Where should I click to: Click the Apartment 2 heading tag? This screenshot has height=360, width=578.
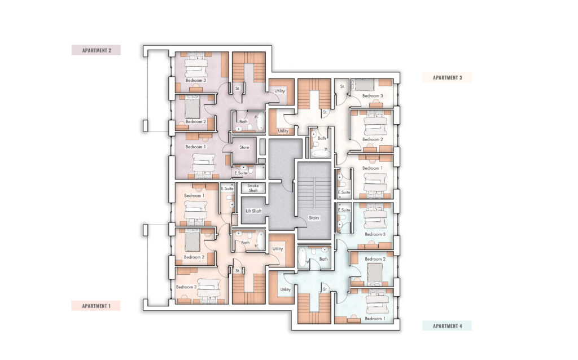[96, 50]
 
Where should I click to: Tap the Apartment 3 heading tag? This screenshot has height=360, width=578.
[447, 77]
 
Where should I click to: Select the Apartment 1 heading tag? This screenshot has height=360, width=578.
[96, 306]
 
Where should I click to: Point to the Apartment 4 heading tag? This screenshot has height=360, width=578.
[447, 326]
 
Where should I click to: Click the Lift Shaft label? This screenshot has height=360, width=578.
[253, 211]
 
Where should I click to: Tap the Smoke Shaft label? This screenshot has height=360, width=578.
[253, 188]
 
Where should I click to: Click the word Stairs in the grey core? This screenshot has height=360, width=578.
[314, 218]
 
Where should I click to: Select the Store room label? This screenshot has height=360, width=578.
[244, 147]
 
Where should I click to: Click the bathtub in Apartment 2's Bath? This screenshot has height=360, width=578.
[261, 121]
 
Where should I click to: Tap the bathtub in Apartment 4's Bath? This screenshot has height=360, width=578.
[303, 257]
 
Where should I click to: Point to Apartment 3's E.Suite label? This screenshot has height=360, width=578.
[344, 192]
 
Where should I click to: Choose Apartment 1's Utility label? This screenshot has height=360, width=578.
[278, 249]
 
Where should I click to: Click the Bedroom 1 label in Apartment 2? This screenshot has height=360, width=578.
[195, 147]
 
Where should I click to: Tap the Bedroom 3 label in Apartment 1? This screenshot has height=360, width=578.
[186, 287]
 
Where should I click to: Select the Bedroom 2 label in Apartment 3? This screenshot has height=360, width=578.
[373, 139]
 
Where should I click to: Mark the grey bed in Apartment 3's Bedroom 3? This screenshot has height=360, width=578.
[365, 85]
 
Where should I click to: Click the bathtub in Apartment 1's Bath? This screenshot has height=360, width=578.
[261, 240]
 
